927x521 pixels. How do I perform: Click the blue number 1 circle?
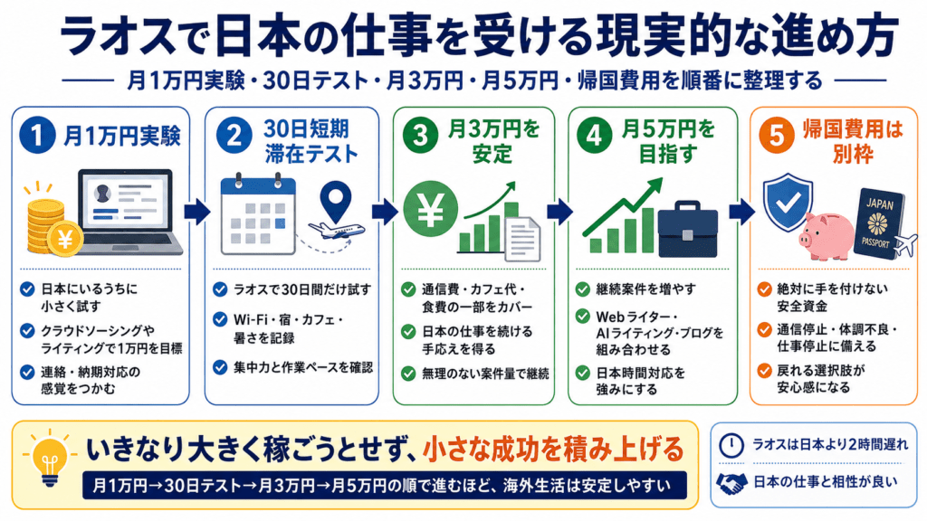click(x=37, y=136)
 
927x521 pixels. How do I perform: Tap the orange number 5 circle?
click(x=777, y=136)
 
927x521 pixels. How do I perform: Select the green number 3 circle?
click(x=420, y=136)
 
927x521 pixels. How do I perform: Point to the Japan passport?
click(x=879, y=223)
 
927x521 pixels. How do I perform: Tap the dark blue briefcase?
click(x=688, y=229)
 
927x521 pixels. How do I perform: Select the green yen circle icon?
click(x=430, y=209)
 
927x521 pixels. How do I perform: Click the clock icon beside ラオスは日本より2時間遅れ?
click(x=731, y=445)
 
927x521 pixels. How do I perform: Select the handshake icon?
click(x=731, y=483)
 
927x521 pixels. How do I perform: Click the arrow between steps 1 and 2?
click(x=196, y=212)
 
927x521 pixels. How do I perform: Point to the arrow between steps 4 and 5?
click(x=743, y=212)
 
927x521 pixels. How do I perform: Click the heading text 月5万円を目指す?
click(x=668, y=141)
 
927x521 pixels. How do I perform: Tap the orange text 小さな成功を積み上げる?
click(x=553, y=450)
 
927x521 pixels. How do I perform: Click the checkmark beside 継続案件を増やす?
click(x=582, y=289)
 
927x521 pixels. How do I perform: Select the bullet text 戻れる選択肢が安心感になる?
click(x=821, y=379)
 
